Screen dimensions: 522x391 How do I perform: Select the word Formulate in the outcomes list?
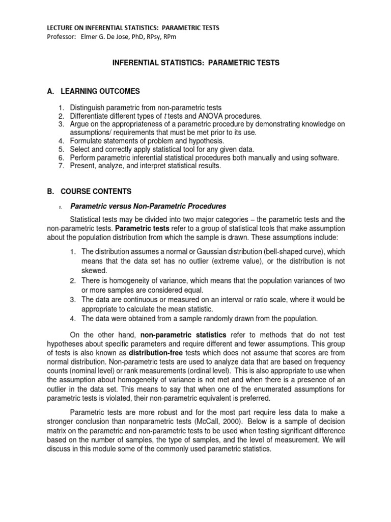[86, 140]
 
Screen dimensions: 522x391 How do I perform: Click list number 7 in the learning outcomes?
[60, 166]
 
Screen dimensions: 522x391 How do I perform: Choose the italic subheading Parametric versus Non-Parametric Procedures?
[148, 206]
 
